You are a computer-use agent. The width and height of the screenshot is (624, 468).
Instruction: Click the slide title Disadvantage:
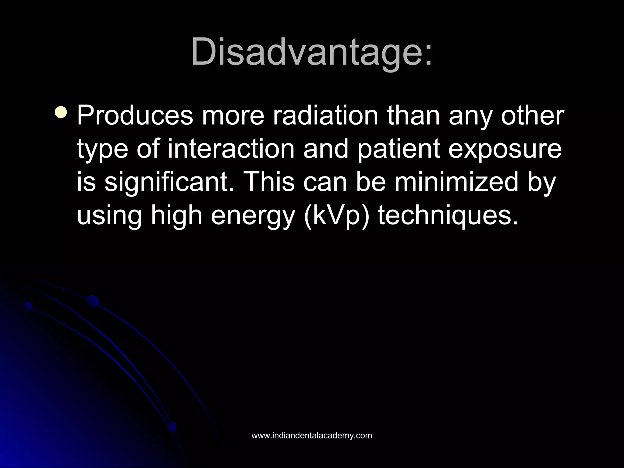pos(311,52)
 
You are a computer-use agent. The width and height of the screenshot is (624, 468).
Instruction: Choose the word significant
pos(168,183)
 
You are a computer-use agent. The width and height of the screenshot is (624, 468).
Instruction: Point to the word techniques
pos(448,216)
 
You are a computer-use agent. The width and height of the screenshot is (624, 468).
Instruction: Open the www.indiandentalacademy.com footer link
pos(311,436)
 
